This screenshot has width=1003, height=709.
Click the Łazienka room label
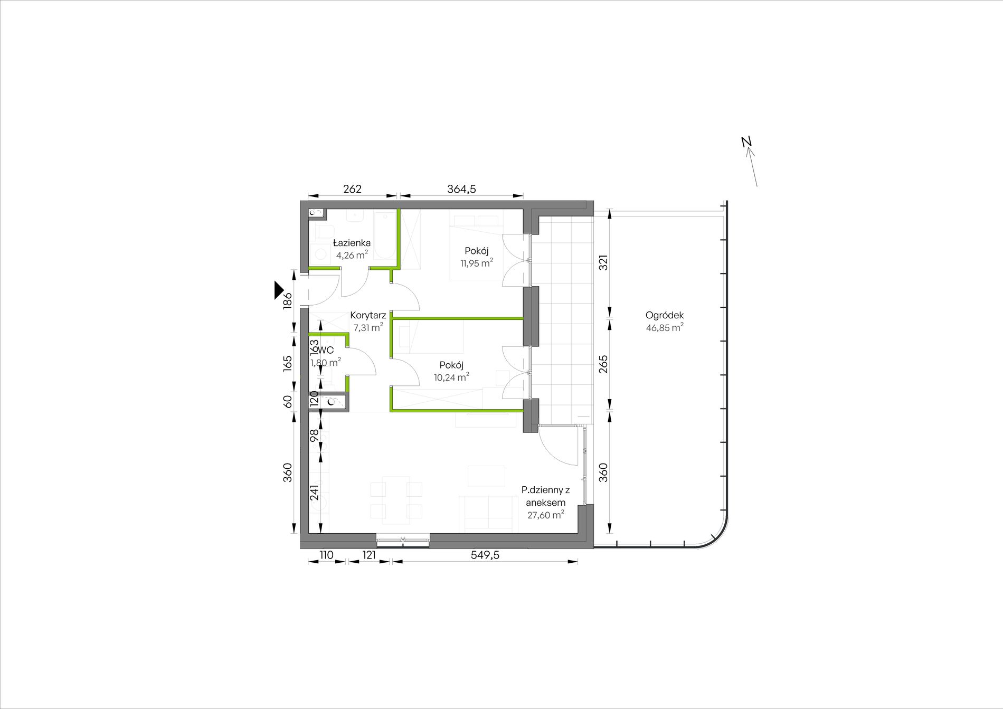(352, 243)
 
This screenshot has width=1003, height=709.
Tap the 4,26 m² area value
(352, 255)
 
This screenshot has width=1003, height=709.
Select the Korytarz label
(368, 316)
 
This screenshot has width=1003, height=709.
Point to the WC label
(326, 351)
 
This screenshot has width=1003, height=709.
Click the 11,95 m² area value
(477, 262)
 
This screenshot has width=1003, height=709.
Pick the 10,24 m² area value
(451, 377)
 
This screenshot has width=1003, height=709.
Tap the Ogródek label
(665, 315)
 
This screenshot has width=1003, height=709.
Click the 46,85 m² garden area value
(665, 327)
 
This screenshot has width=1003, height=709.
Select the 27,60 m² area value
(546, 515)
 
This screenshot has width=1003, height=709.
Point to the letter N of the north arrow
(746, 141)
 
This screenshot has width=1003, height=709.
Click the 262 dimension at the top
(352, 189)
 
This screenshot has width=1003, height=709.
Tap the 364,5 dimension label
(461, 189)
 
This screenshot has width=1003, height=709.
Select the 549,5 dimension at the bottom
(485, 555)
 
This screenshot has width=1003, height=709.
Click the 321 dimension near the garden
(603, 263)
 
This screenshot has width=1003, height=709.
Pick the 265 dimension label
(603, 364)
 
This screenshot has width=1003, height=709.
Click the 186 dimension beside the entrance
(287, 301)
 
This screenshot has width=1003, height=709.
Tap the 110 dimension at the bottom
(326, 555)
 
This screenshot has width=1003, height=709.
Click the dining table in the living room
(396, 500)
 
